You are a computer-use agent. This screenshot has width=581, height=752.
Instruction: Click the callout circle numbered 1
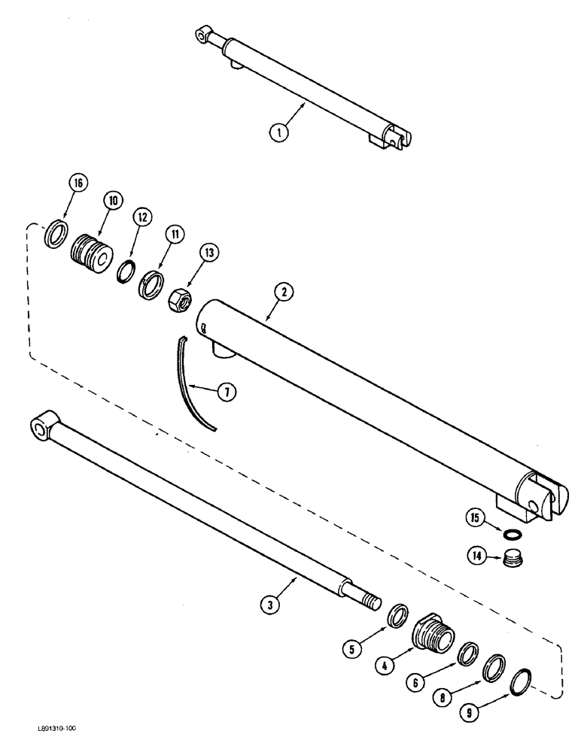pos(279,132)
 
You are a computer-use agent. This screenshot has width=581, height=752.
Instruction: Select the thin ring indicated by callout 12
pos(124,269)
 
